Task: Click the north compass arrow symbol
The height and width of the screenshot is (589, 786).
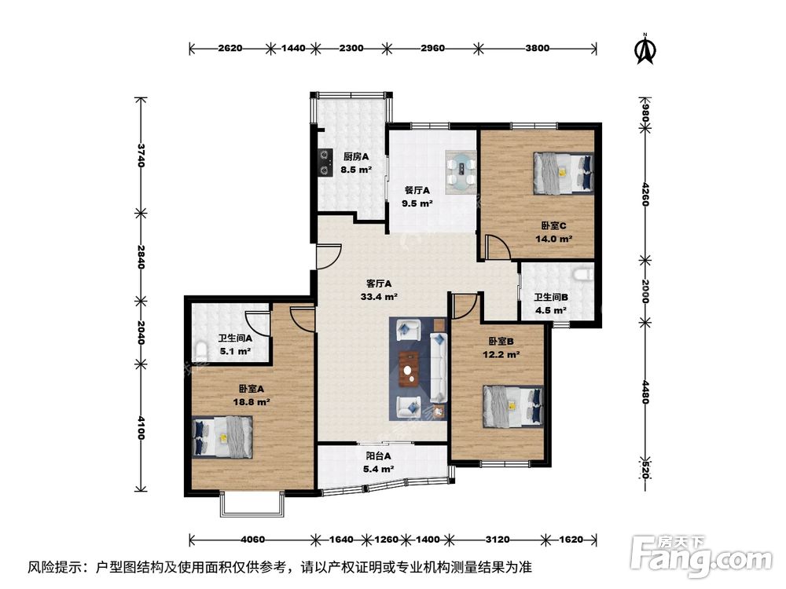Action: (x=646, y=49)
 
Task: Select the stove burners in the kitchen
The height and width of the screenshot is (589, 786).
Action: (x=323, y=160)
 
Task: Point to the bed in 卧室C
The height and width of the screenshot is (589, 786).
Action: (x=562, y=172)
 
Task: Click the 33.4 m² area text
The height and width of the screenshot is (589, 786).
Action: (x=379, y=297)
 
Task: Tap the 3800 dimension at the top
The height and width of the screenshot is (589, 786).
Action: (x=537, y=48)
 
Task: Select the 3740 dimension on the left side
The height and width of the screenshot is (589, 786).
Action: (x=141, y=155)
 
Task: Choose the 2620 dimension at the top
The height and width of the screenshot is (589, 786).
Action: (x=230, y=48)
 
